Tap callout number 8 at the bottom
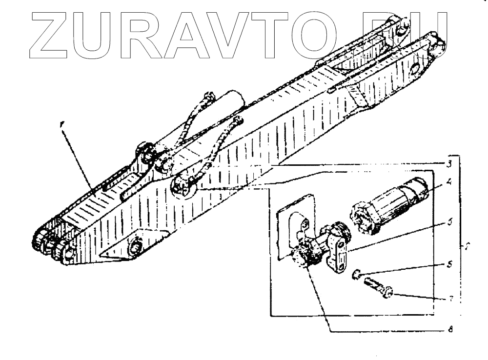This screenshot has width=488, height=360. tap(449, 330)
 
